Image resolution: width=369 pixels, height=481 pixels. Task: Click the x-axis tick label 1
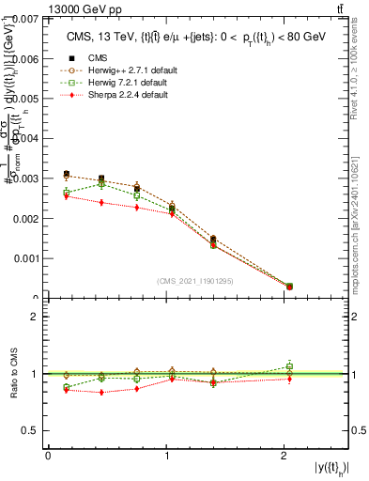pos(166,456)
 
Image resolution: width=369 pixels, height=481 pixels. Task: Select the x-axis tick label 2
pos(285,456)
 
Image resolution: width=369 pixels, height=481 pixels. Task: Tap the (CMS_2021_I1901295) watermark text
pos(196,281)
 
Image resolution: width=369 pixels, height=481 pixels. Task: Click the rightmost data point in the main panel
pos(289,286)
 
